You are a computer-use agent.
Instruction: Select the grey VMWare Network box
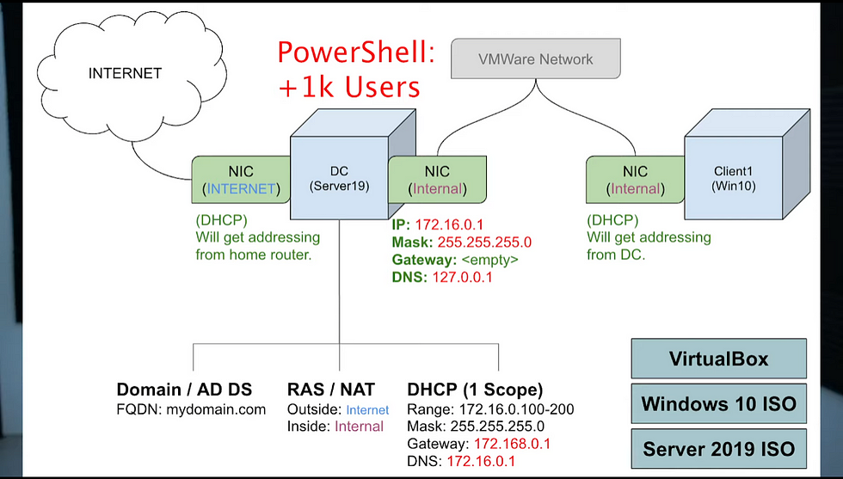[x=535, y=59]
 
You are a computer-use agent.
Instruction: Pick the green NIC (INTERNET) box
[x=241, y=180]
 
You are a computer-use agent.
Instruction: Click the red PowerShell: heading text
[x=355, y=53]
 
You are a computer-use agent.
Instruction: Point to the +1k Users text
[x=348, y=86]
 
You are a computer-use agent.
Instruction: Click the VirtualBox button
[x=718, y=359]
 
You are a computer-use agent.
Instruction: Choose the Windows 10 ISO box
[x=718, y=403]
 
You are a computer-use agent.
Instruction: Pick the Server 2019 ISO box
[x=718, y=449]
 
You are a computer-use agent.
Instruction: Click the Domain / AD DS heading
[x=191, y=390]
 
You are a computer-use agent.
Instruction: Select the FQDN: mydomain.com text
[x=191, y=409]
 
